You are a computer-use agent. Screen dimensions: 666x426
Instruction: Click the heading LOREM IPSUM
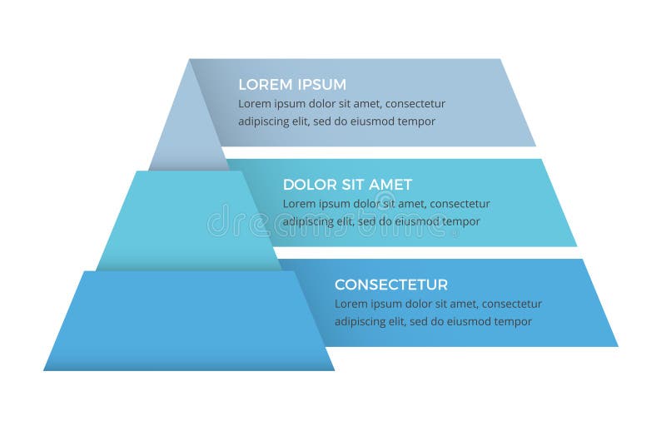[292, 85]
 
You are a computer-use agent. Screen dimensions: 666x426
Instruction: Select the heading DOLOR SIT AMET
[347, 185]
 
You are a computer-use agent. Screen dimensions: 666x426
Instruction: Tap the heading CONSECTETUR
[391, 285]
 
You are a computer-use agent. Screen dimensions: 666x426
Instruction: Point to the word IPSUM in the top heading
[321, 85]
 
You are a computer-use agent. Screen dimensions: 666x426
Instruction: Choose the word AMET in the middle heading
[390, 185]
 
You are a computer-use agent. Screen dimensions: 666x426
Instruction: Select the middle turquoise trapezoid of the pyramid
[187, 220]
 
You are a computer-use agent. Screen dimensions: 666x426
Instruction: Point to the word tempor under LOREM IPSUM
[416, 121]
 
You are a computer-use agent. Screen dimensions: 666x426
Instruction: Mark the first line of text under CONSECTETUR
[438, 304]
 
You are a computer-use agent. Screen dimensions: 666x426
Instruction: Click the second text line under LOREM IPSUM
[336, 121]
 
